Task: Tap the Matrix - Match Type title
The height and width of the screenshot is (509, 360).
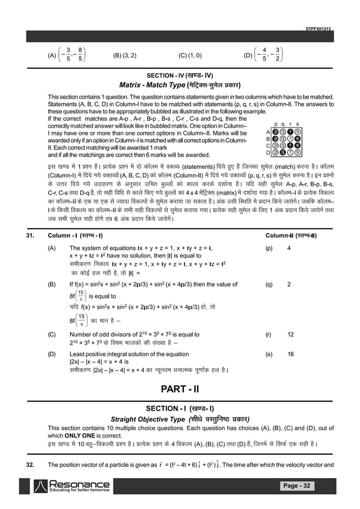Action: pyautogui.click(x=179, y=86)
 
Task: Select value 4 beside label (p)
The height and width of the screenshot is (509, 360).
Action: pyautogui.click(x=289, y=248)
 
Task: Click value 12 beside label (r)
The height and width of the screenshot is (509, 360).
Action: pyautogui.click(x=290, y=334)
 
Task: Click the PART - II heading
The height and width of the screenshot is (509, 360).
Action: pyautogui.click(x=179, y=389)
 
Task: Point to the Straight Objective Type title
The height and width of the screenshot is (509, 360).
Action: pyautogui.click(x=179, y=419)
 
